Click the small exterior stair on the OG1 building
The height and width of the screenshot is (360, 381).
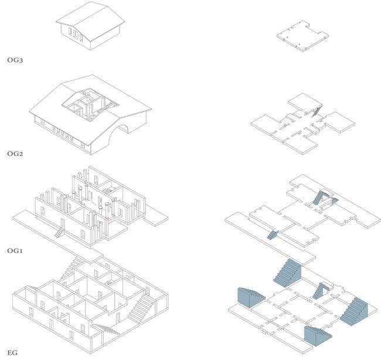(x=60, y=232)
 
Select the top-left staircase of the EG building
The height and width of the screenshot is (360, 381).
(x=72, y=268)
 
